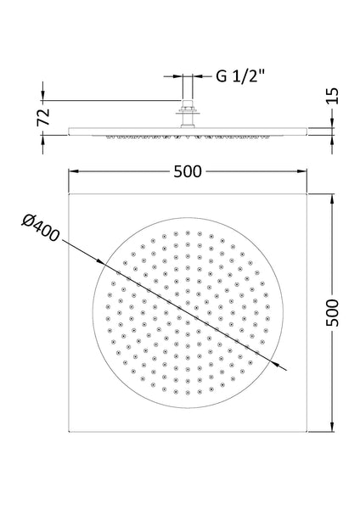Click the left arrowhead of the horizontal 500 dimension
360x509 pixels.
(x=71, y=171)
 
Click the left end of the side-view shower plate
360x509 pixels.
(x=68, y=128)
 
